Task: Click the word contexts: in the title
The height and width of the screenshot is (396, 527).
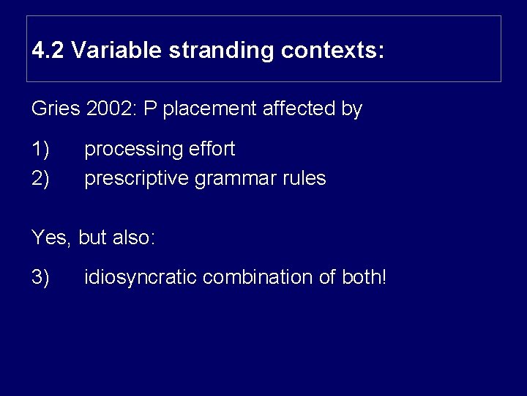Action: click(333, 51)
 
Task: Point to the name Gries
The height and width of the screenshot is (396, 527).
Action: click(56, 109)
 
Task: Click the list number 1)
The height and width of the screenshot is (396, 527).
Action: click(40, 150)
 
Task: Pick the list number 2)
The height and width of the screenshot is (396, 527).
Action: click(40, 178)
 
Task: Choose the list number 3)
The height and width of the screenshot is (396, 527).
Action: click(40, 278)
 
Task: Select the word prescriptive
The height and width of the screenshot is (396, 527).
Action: click(136, 178)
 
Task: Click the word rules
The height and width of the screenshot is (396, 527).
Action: click(304, 178)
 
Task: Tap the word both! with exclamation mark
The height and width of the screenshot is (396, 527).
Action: click(364, 278)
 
